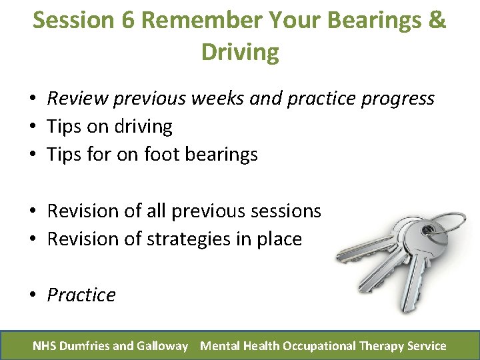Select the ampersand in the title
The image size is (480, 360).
tap(437, 20)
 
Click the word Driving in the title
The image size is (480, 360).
tap(240, 52)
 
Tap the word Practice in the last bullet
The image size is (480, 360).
tap(81, 295)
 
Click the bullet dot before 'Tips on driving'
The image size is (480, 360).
tap(32, 127)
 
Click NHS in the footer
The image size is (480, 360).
tap(45, 346)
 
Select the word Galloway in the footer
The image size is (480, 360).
tap(163, 346)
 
